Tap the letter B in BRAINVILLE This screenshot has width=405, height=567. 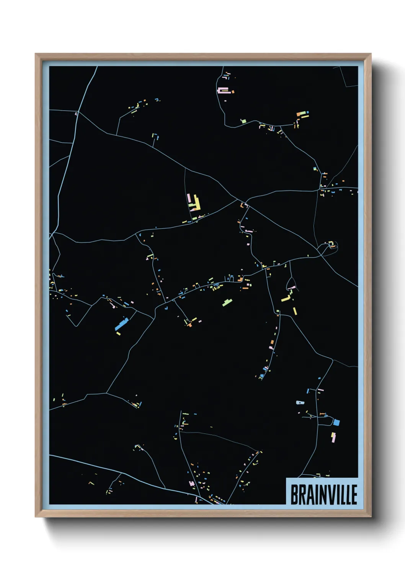coord(294,495)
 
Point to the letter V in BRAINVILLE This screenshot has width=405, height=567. coord(330,495)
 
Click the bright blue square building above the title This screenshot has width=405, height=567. coord(336,423)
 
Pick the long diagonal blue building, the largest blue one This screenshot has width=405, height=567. coord(122,324)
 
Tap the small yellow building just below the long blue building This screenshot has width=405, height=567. coord(118,334)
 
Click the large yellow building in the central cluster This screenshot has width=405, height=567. coord(197,202)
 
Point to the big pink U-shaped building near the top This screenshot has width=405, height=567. coord(223,90)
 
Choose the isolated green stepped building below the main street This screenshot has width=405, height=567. coord(227,302)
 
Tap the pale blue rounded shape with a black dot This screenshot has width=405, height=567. coord(300,403)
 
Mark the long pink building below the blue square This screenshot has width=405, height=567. coord(333,437)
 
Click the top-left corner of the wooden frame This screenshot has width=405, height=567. coord(36,54)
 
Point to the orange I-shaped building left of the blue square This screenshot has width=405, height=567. coord(322,414)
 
